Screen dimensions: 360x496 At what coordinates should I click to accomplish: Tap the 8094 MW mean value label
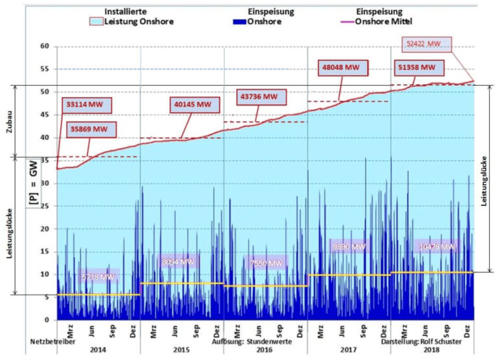click(x=178, y=261)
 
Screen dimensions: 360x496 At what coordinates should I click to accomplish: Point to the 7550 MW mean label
click(x=266, y=262)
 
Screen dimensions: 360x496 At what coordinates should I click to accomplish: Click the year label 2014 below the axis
click(x=98, y=349)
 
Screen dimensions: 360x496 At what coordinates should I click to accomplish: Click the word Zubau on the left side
click(x=8, y=120)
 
